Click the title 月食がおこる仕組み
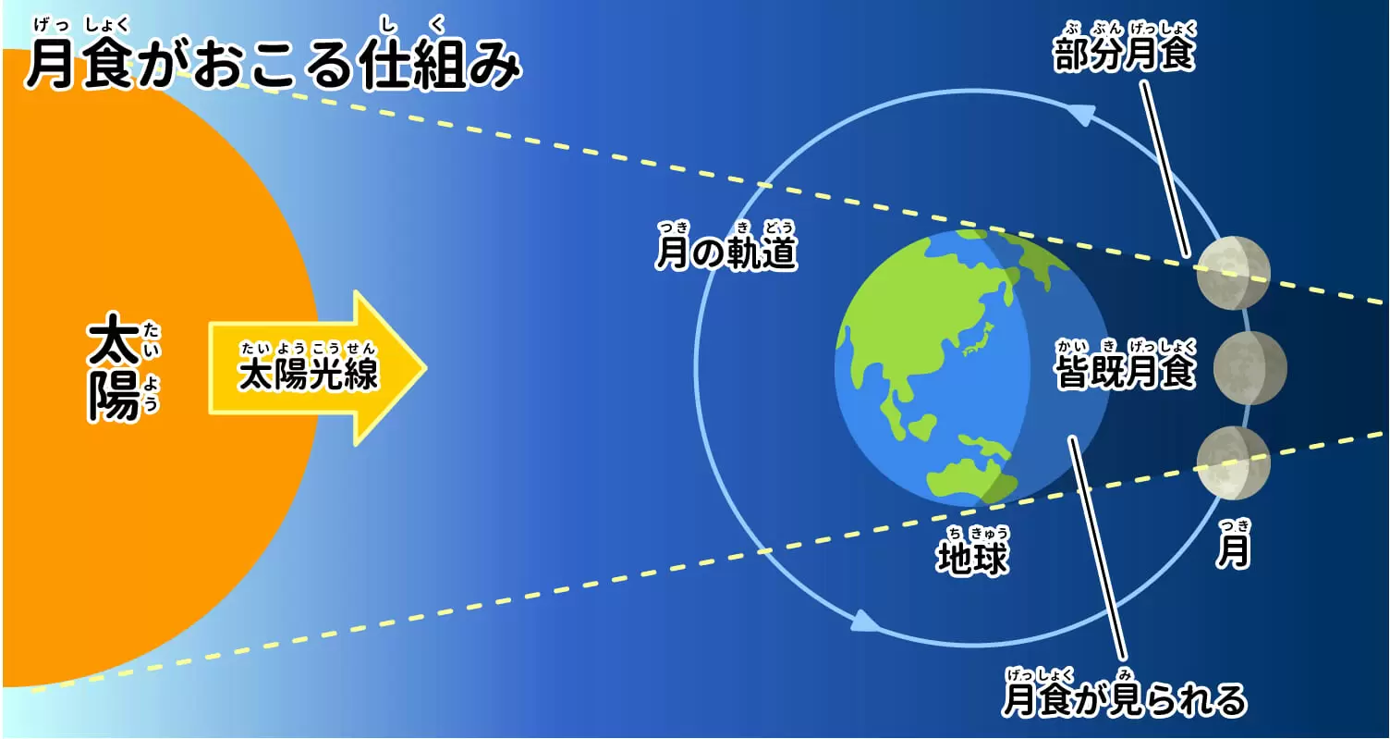(x=273, y=65)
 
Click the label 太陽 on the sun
(x=114, y=366)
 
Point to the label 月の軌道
(x=726, y=252)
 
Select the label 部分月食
(x=1124, y=54)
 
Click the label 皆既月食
(x=1125, y=372)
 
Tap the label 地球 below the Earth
(x=972, y=557)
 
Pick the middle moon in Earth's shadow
(x=1250, y=368)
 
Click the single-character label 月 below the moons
(x=1233, y=550)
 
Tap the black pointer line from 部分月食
(x=1165, y=169)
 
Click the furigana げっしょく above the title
(x=81, y=25)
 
